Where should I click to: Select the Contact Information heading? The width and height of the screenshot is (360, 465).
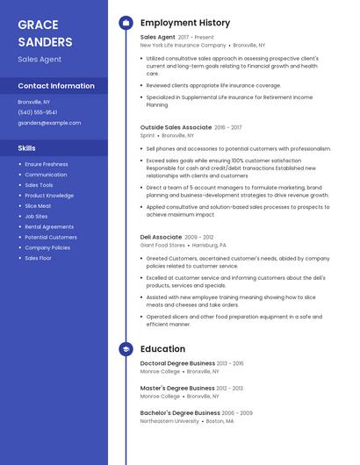point(56,86)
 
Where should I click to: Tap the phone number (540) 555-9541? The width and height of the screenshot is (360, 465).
point(38,112)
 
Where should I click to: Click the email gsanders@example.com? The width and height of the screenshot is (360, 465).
point(49,123)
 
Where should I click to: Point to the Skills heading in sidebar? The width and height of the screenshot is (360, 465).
point(27,148)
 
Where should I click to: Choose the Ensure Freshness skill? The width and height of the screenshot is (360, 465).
point(47,164)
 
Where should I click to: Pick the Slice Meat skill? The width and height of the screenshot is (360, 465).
point(38,205)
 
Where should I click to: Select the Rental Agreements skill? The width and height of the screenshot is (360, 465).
point(49,226)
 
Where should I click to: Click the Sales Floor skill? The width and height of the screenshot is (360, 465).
point(38,258)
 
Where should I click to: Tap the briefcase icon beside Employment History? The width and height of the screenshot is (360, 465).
point(126,22)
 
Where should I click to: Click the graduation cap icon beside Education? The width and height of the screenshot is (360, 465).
point(126,349)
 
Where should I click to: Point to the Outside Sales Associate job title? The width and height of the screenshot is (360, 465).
point(176,127)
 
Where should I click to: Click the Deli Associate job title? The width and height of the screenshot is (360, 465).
point(161,237)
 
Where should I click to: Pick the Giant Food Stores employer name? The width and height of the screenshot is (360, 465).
point(162,246)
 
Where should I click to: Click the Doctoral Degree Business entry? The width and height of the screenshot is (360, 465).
point(177,362)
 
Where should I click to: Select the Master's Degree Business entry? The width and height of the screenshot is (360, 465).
point(176,388)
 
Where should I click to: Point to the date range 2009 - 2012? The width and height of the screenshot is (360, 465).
point(199,237)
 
